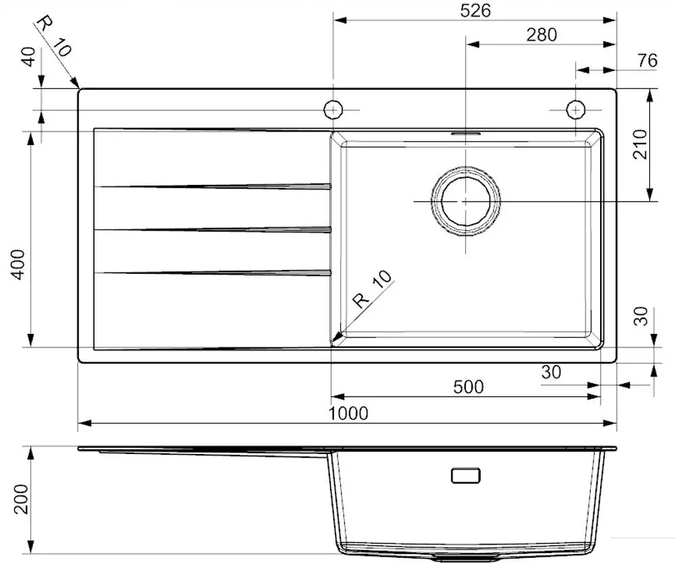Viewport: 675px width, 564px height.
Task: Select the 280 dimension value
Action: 541,34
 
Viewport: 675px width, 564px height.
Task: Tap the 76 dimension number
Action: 646,60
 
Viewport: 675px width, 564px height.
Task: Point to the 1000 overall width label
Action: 348,413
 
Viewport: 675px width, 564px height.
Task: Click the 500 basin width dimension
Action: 468,387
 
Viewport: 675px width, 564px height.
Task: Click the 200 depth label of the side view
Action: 21,499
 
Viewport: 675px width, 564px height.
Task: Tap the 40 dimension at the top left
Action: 29,57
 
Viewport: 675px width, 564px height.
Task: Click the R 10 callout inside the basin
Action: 372,289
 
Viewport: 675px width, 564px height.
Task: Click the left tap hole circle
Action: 333,109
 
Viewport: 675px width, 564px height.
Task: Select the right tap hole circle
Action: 575,109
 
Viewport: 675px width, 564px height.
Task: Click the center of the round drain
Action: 466,202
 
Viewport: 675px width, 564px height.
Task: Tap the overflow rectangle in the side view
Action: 466,476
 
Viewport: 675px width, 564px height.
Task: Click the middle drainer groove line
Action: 213,230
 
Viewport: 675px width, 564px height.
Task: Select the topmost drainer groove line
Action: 213,186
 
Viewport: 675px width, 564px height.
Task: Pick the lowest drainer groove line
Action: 213,273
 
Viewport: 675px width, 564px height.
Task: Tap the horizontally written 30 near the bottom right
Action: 551,372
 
